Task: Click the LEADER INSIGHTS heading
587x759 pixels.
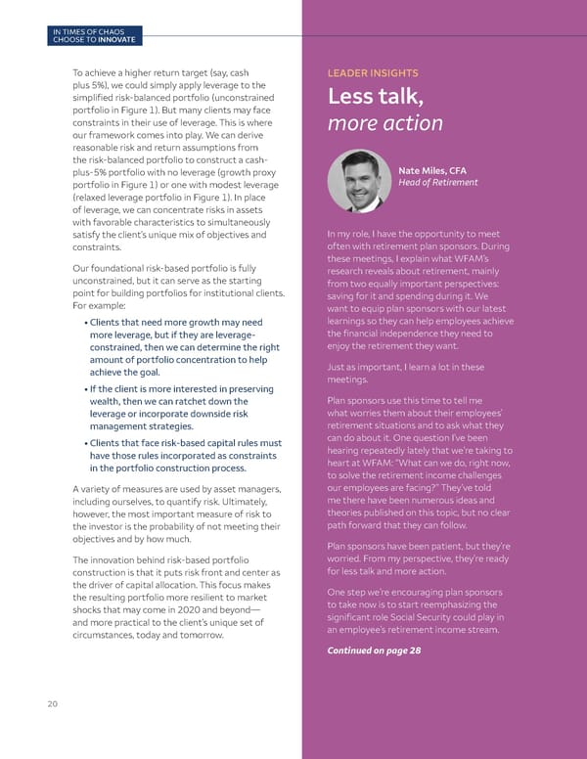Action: [x=372, y=72]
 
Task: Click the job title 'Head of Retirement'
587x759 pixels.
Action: [x=438, y=183]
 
